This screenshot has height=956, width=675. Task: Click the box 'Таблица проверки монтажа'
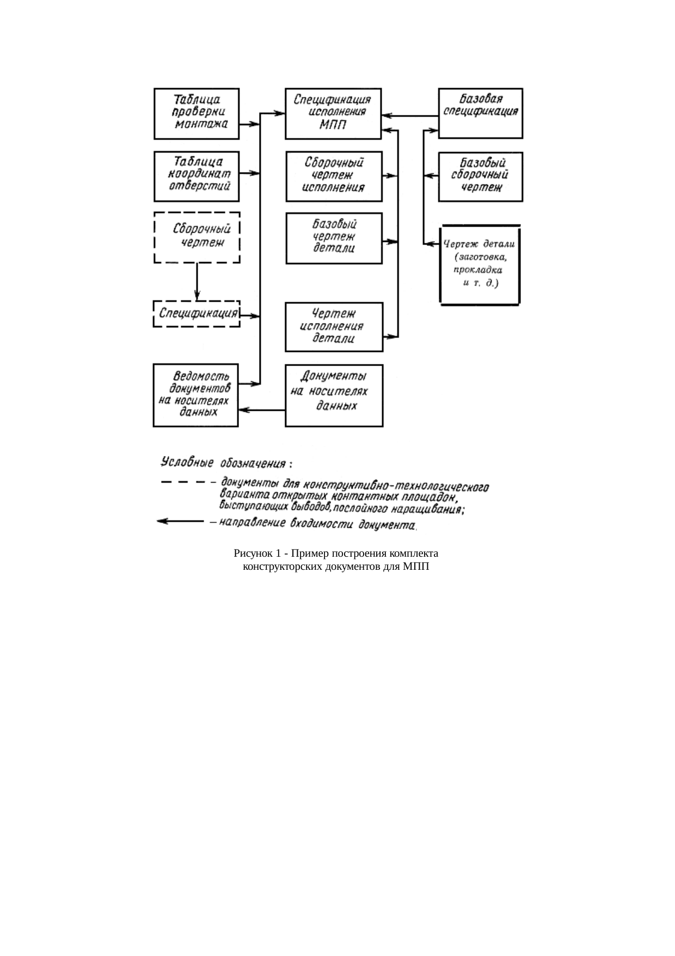coord(197,113)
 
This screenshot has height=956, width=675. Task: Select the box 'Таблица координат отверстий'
coord(197,176)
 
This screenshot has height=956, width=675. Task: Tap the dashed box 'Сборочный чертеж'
coord(197,238)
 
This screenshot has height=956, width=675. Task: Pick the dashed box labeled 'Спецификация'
coord(197,314)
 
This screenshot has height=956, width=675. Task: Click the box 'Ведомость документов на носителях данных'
coord(195,394)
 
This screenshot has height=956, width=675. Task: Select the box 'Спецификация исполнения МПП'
coord(333,113)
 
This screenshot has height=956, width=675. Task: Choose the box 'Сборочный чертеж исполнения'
coord(334,176)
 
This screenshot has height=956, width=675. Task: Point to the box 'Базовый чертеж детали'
coord(334,238)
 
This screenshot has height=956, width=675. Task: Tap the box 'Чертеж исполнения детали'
coord(334,327)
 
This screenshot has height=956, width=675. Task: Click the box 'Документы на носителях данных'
coord(334,395)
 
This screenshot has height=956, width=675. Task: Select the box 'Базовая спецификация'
coord(480,113)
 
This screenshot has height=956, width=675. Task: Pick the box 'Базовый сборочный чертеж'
coord(480,176)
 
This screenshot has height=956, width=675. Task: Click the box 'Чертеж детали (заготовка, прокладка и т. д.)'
coord(480,264)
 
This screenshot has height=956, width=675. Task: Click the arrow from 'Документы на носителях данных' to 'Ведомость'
coord(262,410)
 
